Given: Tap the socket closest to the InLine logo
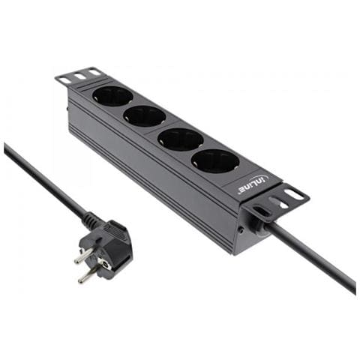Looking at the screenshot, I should click(x=214, y=160).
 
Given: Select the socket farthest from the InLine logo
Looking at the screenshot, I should click(x=112, y=95).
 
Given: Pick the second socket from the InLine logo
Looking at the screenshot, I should click(x=181, y=139).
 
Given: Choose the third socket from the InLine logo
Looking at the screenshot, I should click(x=144, y=115).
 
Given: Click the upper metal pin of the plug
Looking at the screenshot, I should click(x=82, y=255).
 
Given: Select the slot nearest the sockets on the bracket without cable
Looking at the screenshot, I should click(x=94, y=72).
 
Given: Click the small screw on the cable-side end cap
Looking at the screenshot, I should click(x=239, y=228).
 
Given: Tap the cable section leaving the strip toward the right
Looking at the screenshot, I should click(x=315, y=259).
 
